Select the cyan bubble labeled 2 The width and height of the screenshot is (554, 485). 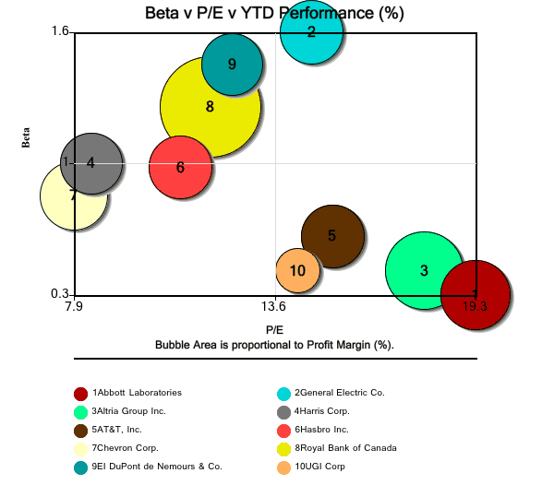(x=311, y=32)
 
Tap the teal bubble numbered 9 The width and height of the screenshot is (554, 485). (x=232, y=64)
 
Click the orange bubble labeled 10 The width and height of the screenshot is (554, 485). (x=297, y=270)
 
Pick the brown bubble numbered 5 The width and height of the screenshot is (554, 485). (x=331, y=236)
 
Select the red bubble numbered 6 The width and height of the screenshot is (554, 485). (x=180, y=167)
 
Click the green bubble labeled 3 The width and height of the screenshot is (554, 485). (x=423, y=270)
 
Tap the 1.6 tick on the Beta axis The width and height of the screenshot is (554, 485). (x=60, y=31)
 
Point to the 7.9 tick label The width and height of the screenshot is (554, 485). (x=73, y=306)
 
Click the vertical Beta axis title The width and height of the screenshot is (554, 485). (x=27, y=136)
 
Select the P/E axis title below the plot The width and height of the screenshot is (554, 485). (x=274, y=329)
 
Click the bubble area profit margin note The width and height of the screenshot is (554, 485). (x=274, y=344)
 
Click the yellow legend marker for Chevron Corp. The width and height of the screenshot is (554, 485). (x=80, y=448)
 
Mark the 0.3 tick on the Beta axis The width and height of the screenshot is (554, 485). (x=60, y=294)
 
